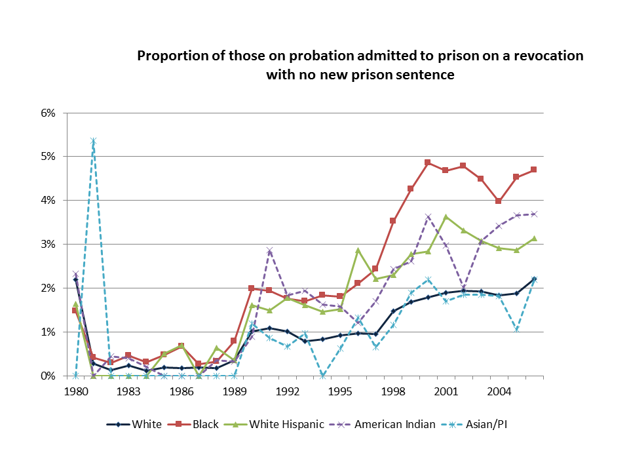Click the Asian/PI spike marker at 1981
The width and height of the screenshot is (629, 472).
point(93,142)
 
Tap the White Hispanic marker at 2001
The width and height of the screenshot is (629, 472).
point(446,217)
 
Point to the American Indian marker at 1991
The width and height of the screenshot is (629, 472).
point(269,250)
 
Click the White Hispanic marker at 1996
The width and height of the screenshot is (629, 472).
point(358,250)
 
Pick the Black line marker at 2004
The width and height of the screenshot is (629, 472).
point(499,201)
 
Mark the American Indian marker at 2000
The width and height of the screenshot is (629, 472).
point(427,217)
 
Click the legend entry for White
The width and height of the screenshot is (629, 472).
point(134,424)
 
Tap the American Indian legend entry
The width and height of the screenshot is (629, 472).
point(385,424)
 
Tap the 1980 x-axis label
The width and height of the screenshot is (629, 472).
point(76,391)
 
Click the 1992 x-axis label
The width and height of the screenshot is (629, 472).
point(287,391)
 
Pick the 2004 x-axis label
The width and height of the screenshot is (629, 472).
point(499,391)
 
